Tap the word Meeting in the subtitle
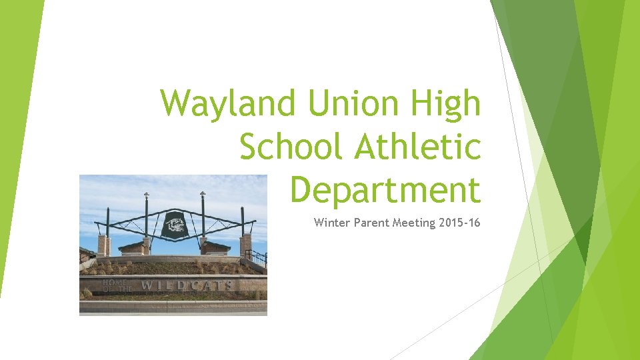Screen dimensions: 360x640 415,223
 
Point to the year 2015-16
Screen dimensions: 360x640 460,223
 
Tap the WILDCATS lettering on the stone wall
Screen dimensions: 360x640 187,286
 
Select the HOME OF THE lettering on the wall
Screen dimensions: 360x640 115,285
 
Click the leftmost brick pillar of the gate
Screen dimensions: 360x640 104,245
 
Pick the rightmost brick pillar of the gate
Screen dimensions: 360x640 246,245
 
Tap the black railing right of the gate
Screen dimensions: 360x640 257,257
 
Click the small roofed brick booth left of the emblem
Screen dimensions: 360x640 134,247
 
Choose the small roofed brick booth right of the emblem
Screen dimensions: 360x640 217,247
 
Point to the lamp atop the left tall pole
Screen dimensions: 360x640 146,195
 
